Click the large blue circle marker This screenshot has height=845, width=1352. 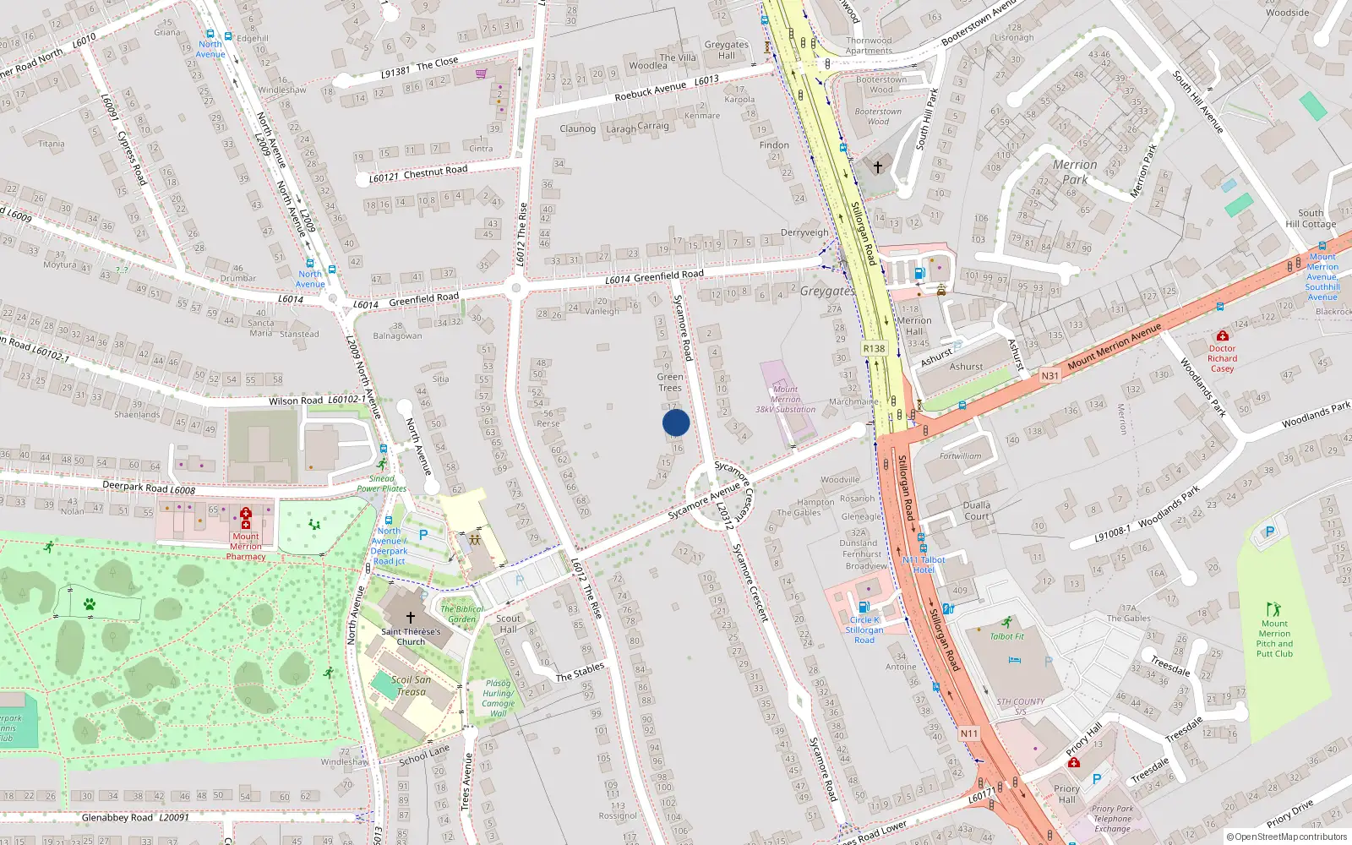[x=676, y=422]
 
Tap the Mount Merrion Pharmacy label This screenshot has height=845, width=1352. [x=246, y=546]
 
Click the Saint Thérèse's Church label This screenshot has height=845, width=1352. [x=411, y=636]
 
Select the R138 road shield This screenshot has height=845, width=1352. [x=874, y=348]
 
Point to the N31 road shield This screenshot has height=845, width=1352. [x=1049, y=375]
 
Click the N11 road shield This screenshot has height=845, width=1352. [x=969, y=733]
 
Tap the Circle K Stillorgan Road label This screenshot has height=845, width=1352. [x=864, y=630]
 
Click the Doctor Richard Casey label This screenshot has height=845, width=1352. [x=1222, y=358]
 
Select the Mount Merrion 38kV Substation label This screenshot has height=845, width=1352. [x=785, y=399]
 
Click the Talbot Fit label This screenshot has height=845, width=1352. [x=1006, y=636]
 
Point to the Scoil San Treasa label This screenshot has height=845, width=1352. [x=412, y=685]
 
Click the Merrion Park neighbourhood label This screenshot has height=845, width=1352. [x=1075, y=172]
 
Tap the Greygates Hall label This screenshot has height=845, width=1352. [x=727, y=50]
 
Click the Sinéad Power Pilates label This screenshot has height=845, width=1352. [x=381, y=483]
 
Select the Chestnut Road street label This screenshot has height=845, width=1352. [x=435, y=172]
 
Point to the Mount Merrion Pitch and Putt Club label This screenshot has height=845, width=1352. [x=1274, y=638]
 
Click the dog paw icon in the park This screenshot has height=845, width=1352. [x=90, y=604]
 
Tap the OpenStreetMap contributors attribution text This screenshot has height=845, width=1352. [x=1287, y=837]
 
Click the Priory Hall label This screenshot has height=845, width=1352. [x=1066, y=793]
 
